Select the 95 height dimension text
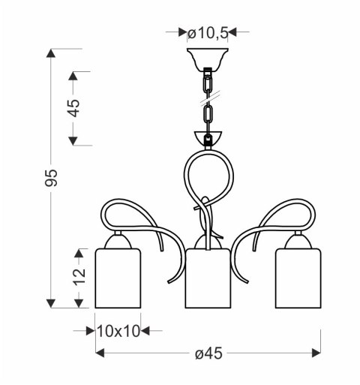tap(52, 178)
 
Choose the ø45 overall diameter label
tap(207, 352)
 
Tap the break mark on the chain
tap(207, 95)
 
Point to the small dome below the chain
tap(208, 140)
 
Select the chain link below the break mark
tap(207, 116)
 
